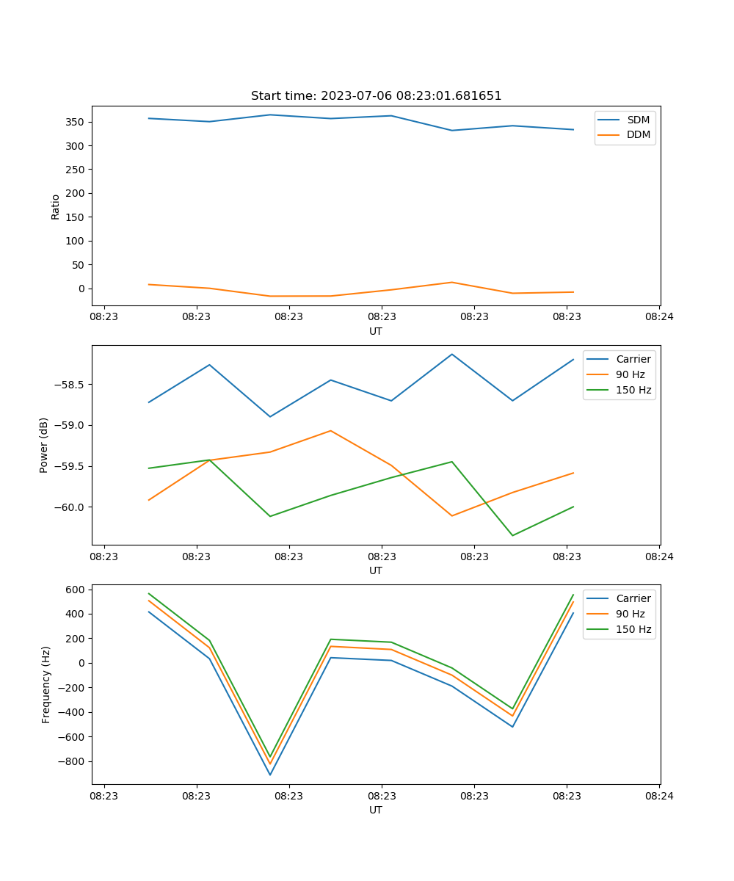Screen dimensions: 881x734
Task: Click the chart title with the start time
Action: (376, 96)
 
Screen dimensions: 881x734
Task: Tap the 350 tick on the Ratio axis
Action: (76, 122)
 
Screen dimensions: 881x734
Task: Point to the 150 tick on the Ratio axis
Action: (76, 217)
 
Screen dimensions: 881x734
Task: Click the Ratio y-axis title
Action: (56, 206)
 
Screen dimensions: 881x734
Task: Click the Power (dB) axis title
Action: (44, 445)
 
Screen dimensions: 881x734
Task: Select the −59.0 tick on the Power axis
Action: (68, 426)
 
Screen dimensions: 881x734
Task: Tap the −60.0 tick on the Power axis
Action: (68, 507)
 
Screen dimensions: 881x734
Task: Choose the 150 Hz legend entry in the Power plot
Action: (633, 390)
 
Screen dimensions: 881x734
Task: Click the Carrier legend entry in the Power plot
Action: (633, 359)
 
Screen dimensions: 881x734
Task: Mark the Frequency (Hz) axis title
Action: (46, 684)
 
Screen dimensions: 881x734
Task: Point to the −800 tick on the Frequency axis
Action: (73, 761)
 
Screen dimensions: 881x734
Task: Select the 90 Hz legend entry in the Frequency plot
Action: (631, 614)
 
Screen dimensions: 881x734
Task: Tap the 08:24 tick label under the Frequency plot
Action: (658, 795)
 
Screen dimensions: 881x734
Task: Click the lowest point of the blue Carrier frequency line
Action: (270, 775)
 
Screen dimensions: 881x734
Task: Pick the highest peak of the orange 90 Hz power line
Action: (330, 431)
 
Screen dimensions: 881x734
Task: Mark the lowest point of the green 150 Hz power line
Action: (512, 535)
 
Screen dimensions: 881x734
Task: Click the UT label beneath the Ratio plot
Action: (376, 331)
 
